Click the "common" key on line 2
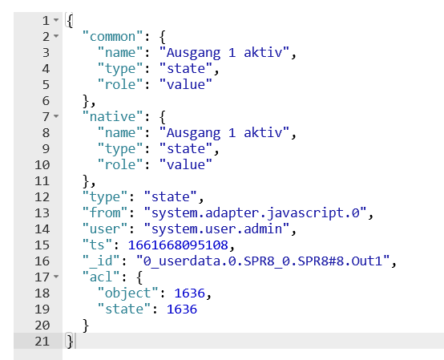[x=112, y=37]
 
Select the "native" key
[x=112, y=117]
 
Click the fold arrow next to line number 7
[x=56, y=116]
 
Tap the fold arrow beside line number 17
[x=56, y=277]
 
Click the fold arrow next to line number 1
[x=56, y=20]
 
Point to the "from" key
[x=105, y=213]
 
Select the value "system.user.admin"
[x=216, y=229]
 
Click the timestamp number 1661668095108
[x=178, y=245]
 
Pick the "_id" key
[x=101, y=261]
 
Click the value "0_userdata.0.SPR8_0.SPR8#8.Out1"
[x=263, y=261]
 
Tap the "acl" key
[x=101, y=277]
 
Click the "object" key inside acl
[x=127, y=293]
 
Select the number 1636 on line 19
[x=182, y=309]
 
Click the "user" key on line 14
[x=105, y=229]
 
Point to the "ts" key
[x=97, y=245]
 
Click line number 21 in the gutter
[x=42, y=342]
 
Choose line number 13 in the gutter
[x=42, y=213]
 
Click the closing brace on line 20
[x=86, y=326]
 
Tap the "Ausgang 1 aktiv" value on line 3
[x=224, y=53]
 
